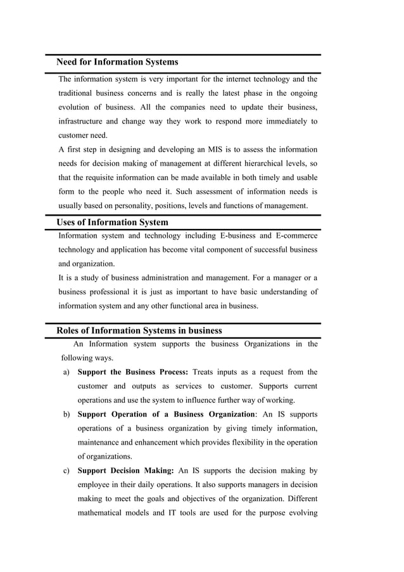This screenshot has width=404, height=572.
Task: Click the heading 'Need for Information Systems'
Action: coord(117,62)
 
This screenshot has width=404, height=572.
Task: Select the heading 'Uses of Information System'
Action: coord(112,223)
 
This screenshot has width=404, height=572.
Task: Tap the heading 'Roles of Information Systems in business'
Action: coord(139,330)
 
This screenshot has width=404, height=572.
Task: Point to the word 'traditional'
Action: coord(80,93)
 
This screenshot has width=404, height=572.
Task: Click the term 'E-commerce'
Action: coord(296,236)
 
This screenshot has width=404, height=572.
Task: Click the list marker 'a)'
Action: coord(66,372)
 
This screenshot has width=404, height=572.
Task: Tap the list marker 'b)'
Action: coord(66,415)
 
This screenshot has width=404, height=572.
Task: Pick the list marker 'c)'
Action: coord(66,471)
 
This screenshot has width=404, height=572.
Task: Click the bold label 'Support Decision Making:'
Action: coord(125,471)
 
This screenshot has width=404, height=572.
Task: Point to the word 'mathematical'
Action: coord(104,513)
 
